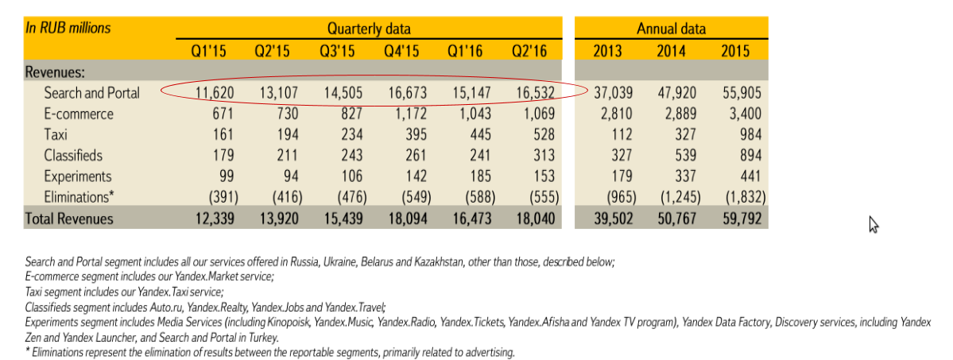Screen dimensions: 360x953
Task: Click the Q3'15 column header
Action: [336, 52]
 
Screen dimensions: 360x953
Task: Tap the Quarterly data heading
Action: [369, 29]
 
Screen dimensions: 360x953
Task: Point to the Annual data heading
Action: [671, 29]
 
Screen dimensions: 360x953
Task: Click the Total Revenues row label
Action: [69, 218]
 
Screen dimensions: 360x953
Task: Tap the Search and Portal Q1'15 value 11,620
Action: [211, 93]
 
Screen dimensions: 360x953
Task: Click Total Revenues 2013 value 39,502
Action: [612, 218]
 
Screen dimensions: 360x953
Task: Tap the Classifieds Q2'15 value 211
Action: [277, 155]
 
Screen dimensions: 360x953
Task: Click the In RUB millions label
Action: [68, 28]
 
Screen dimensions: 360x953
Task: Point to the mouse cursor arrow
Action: [874, 225]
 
